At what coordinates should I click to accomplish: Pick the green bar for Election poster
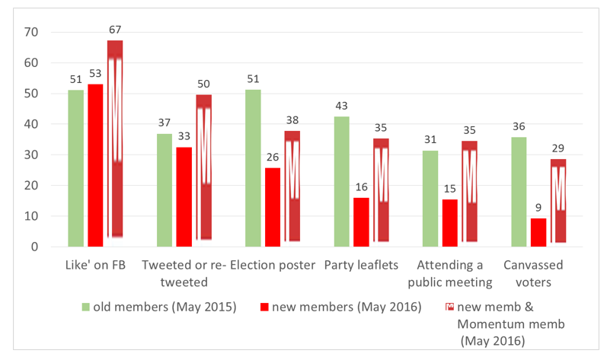[x=253, y=168]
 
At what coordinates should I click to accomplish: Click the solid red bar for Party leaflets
[x=361, y=221]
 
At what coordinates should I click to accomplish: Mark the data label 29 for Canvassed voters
[x=558, y=149]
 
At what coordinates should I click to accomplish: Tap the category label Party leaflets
[x=360, y=266]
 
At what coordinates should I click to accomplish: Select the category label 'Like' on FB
[x=94, y=266]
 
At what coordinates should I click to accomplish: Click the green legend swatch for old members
[x=86, y=307]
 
